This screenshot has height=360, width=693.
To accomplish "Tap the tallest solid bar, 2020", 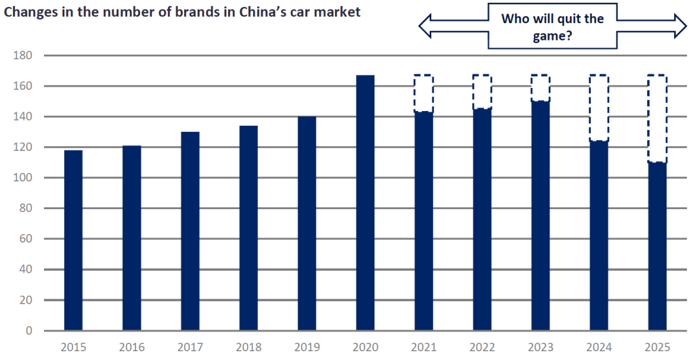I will pyautogui.click(x=365, y=203).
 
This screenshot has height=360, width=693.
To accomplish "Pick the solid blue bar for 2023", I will pyautogui.click(x=540, y=216).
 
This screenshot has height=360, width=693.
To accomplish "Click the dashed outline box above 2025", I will pyautogui.click(x=656, y=118).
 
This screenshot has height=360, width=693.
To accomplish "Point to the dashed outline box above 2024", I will pyautogui.click(x=598, y=108).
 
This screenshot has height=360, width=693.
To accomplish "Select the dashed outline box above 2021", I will pyautogui.click(x=423, y=93).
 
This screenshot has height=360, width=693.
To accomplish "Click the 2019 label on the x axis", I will pyautogui.click(x=307, y=347).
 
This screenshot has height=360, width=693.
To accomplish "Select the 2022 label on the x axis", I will pyautogui.click(x=482, y=347).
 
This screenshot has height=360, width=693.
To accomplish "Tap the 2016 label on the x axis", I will pyautogui.click(x=131, y=347).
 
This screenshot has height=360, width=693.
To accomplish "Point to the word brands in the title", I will pyautogui.click(x=173, y=12).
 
